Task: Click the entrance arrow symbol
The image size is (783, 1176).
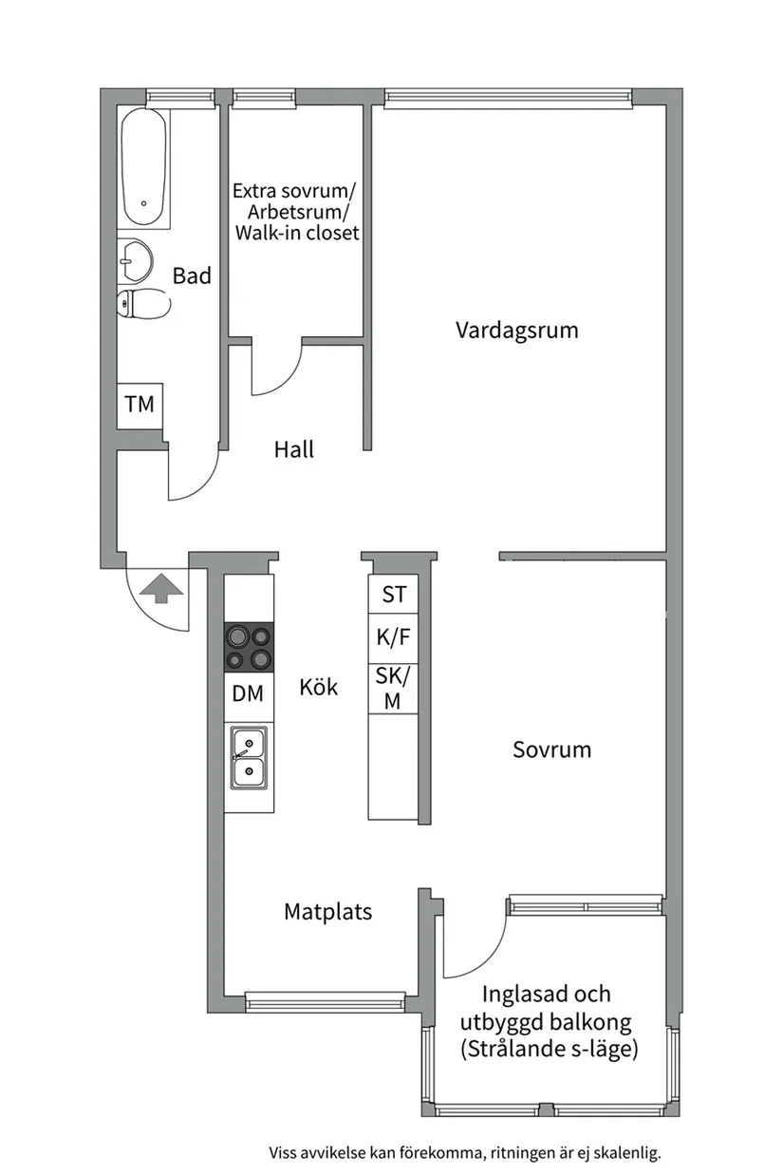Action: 160,588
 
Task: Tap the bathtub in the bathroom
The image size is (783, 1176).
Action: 143,167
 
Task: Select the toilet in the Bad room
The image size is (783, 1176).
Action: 141,304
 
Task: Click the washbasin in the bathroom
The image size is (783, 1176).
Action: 137,258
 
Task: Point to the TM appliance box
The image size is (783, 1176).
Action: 140,404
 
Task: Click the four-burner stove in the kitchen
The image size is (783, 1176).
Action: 249,648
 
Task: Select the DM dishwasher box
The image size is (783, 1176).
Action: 248,693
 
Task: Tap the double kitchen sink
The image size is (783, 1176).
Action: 249,757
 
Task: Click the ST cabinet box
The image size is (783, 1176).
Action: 394,595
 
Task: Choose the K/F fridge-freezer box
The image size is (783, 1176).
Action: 394,638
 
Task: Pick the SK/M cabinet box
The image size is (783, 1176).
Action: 394,689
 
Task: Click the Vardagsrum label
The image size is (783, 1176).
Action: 516,331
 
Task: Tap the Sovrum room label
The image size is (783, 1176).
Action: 551,749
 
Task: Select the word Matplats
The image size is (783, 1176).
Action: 327,912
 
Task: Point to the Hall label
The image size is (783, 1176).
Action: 293,449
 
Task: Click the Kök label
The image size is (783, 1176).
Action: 318,687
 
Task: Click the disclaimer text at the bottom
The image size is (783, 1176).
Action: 464,1153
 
